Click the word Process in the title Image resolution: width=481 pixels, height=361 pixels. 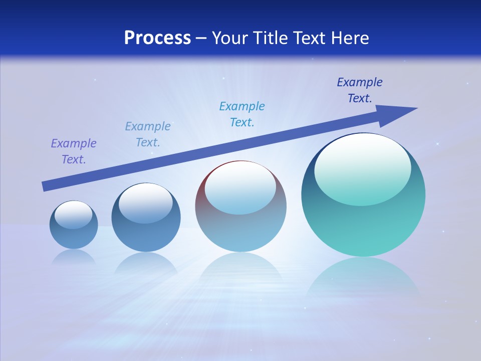point(157,38)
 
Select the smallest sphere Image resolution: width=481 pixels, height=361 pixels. point(74,225)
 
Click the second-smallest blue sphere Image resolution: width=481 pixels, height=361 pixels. point(146,218)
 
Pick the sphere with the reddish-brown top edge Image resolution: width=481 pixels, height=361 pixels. point(241,206)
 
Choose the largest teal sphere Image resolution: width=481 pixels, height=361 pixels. point(363,196)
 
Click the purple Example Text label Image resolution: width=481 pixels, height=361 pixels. point(74,151)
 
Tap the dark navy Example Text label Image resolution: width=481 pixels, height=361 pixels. point(360,90)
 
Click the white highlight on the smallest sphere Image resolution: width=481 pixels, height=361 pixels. point(73,214)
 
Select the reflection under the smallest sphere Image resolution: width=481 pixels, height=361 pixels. point(74,257)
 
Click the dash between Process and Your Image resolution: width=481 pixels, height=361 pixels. point(201,38)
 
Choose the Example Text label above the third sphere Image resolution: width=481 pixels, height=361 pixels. point(242,114)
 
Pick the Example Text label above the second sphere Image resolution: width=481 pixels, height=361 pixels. point(148,134)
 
